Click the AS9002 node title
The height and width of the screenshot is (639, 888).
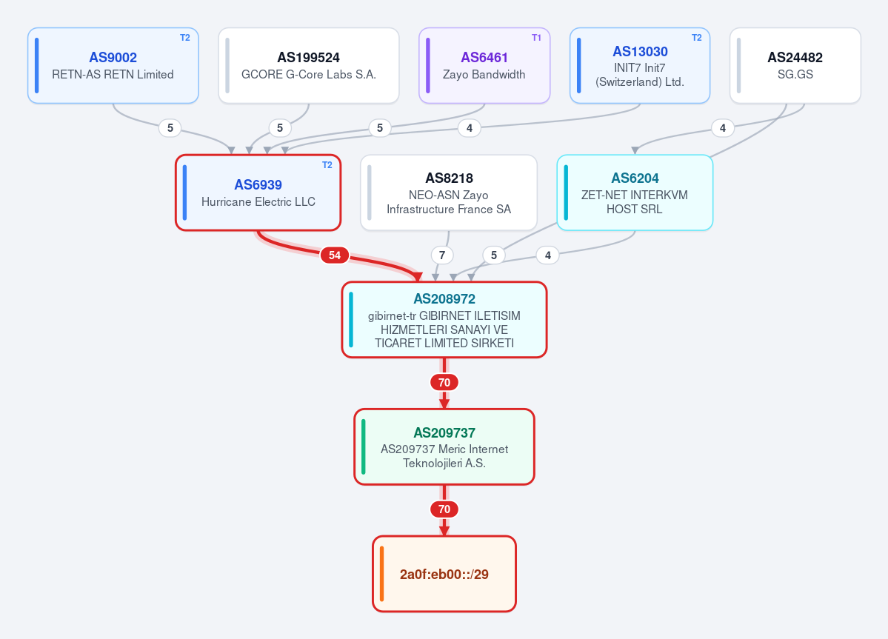point(113,57)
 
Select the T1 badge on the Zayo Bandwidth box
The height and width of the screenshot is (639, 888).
point(536,37)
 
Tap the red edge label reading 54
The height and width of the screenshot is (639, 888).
point(335,255)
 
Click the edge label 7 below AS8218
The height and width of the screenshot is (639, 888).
point(442,255)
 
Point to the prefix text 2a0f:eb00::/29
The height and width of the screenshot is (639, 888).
point(444,575)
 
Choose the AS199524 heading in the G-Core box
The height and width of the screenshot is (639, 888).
point(309,57)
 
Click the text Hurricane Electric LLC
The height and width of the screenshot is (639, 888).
point(258,201)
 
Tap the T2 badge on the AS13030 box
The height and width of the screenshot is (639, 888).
point(697,37)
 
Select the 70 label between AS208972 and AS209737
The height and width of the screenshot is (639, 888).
point(444,383)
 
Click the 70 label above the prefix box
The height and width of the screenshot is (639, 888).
point(444,509)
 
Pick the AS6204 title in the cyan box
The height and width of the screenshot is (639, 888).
point(635,178)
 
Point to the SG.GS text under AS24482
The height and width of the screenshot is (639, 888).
point(795,74)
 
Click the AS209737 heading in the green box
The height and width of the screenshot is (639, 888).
point(444,433)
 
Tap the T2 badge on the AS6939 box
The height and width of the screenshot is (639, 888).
point(327,164)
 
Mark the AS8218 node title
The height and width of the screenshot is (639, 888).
point(449,178)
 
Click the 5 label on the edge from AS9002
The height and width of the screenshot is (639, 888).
point(170,128)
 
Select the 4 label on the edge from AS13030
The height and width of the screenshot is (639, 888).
point(470,128)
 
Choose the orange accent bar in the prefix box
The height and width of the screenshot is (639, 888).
point(381,574)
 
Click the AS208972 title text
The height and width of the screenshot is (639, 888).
point(444,299)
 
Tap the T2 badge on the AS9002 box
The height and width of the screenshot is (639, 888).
point(185,37)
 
